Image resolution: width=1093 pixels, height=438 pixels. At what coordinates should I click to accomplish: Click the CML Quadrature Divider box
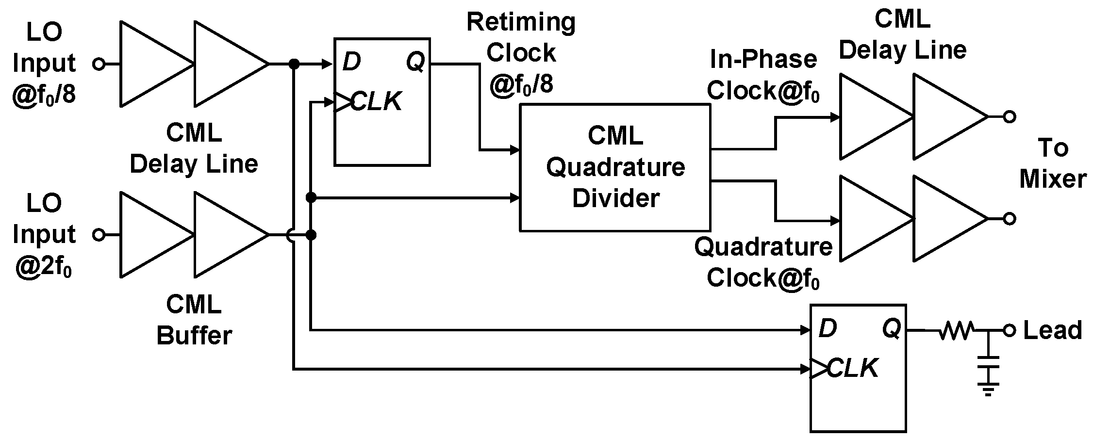coord(615,167)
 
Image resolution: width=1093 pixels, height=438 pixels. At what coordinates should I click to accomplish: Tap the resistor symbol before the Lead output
coord(956,331)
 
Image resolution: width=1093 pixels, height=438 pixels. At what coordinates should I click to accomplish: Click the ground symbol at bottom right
coord(988,388)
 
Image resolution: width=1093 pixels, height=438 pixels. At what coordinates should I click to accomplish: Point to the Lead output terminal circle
coord(1010,331)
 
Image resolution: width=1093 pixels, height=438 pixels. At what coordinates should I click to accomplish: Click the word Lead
coord(1052,330)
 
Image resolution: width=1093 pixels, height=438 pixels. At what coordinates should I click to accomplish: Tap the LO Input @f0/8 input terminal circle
coord(99,64)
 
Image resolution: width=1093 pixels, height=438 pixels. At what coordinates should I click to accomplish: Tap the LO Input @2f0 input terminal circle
coord(99,235)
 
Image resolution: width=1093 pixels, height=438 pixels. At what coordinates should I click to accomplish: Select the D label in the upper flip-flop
coord(351,62)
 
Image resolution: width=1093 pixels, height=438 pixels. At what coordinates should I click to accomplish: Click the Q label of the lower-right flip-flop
coord(891,329)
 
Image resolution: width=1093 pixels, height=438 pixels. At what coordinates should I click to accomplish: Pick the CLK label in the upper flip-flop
coord(376,102)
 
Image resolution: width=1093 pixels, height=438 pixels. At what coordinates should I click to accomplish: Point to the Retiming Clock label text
coord(521,52)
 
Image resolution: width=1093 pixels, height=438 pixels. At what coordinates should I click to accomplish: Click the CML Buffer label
coord(194,320)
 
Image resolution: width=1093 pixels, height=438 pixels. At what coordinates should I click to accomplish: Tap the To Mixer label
coord(1053,163)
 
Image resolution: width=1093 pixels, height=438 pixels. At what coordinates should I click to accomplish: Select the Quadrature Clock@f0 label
coord(763,262)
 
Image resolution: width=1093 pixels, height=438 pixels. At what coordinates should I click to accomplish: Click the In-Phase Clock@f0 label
coord(763,75)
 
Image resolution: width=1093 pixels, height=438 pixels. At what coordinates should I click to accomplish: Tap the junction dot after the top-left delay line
coord(293,64)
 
